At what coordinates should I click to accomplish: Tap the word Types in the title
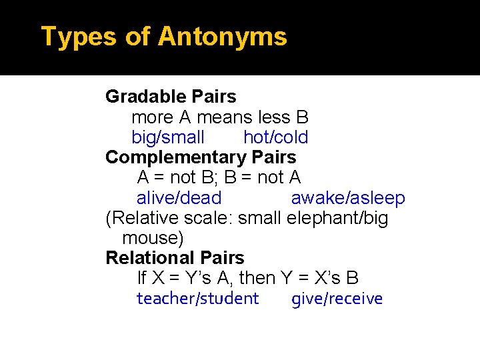(x=79, y=37)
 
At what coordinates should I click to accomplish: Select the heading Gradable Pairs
(x=171, y=97)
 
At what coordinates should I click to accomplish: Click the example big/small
(x=168, y=138)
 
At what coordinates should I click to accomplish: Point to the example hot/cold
(x=275, y=138)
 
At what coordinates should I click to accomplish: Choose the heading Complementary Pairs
(x=201, y=157)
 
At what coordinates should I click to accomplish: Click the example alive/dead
(x=179, y=198)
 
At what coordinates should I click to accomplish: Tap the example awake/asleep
(x=348, y=198)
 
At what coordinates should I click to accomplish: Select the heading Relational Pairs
(x=175, y=258)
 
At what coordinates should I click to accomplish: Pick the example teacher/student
(x=197, y=299)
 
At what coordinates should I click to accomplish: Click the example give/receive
(x=337, y=299)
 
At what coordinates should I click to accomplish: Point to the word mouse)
(x=153, y=238)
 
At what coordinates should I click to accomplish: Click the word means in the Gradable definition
(x=223, y=118)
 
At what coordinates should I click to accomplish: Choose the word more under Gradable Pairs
(x=152, y=118)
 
